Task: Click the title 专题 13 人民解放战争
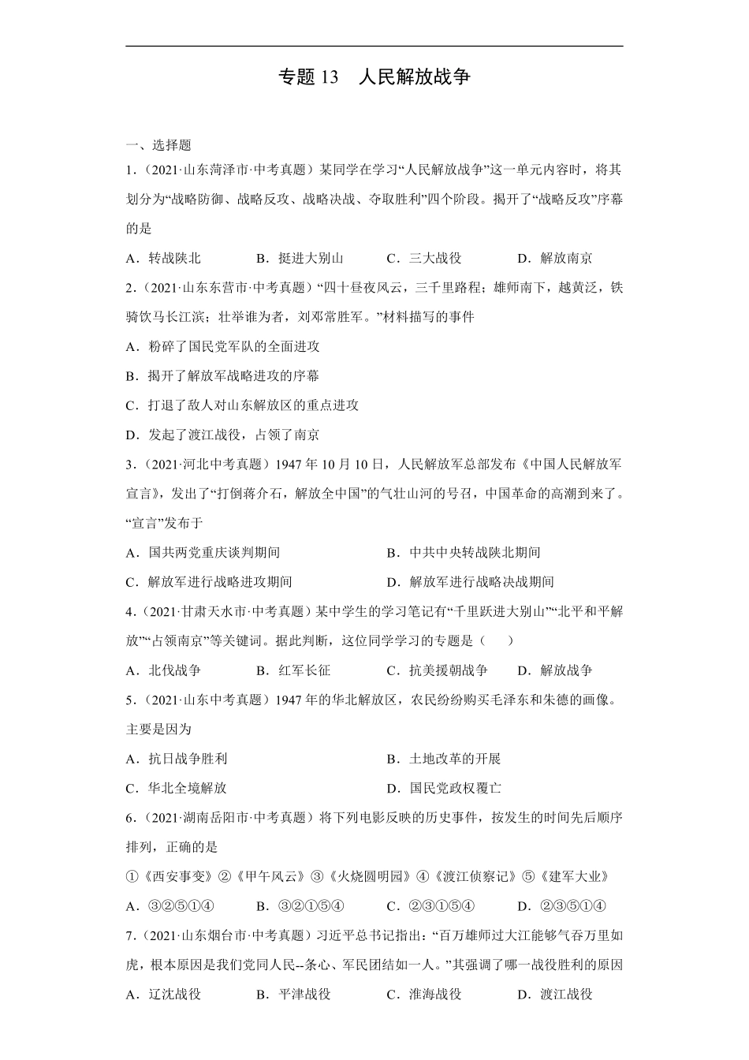pos(374,77)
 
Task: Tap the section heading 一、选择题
pos(158,145)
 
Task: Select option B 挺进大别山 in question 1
pos(300,258)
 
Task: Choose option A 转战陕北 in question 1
pos(163,258)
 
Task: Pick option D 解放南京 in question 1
pos(555,258)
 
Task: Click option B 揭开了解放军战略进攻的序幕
pos(222,376)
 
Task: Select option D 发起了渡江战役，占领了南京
pos(222,435)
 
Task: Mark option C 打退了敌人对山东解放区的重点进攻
pos(242,405)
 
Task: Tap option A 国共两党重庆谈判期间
pos(203,553)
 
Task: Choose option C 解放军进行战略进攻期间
pos(209,582)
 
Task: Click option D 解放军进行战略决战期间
pos(471,582)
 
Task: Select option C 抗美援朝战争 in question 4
pos(438,670)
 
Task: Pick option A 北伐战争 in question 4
pos(163,670)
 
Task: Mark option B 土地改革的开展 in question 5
pos(444,759)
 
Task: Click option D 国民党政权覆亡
pos(444,788)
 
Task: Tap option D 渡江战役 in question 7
pos(555,995)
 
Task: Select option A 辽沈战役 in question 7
pos(163,995)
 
